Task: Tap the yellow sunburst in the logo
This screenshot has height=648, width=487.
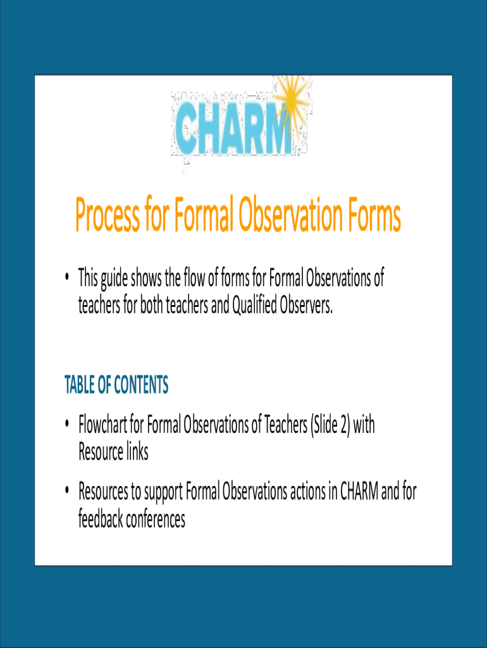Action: [292, 97]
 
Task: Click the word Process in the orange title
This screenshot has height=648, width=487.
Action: [108, 215]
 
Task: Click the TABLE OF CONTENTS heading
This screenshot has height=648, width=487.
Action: [116, 384]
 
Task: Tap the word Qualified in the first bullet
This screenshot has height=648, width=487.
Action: [254, 306]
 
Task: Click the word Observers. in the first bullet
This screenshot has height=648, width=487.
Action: [306, 305]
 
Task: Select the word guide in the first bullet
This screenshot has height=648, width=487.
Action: [114, 278]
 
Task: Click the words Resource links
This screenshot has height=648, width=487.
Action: [113, 452]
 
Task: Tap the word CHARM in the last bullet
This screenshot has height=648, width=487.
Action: [359, 491]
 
